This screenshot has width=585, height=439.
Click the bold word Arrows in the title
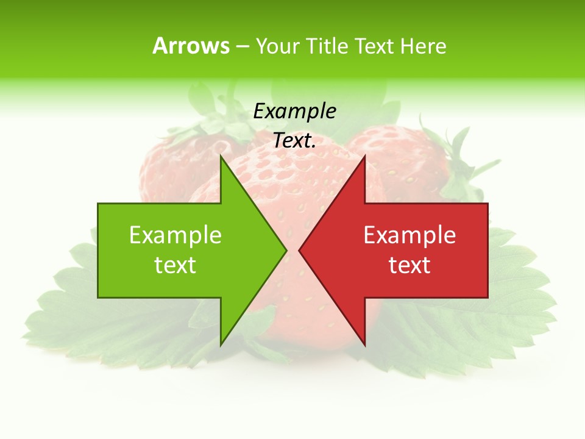[191, 46]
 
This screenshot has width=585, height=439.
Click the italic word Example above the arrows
[295, 111]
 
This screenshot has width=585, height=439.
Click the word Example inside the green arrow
[175, 235]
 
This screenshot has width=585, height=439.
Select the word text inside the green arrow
[175, 265]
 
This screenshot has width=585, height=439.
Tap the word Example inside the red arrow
[409, 235]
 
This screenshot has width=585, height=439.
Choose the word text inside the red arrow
[409, 265]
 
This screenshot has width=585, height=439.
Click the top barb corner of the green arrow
[221, 157]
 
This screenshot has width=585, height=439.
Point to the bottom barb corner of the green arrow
[221, 344]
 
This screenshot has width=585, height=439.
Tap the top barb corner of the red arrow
[364, 157]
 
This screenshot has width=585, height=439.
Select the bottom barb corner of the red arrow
[364, 344]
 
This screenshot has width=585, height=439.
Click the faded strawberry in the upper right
[408, 159]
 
